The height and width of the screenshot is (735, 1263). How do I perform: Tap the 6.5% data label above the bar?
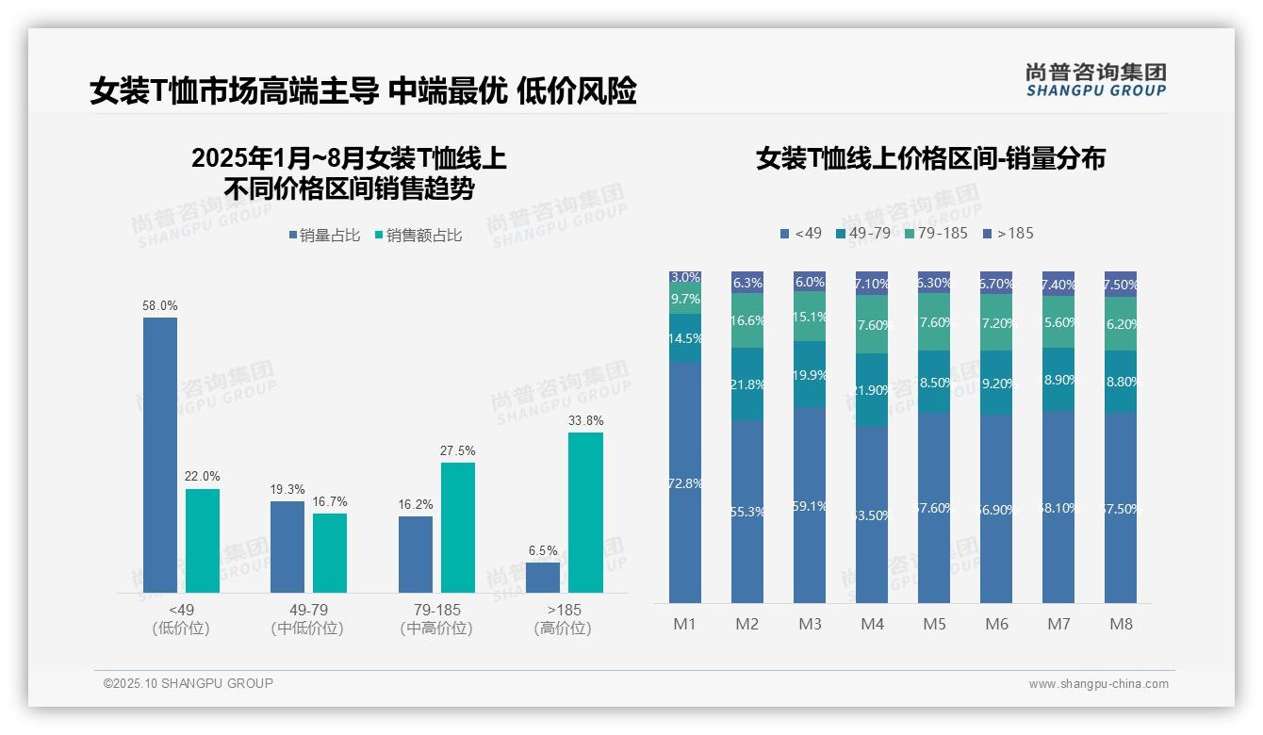click(x=543, y=550)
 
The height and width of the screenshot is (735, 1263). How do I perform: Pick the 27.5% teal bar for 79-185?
click(x=457, y=527)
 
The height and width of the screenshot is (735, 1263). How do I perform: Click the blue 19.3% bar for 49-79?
click(x=287, y=547)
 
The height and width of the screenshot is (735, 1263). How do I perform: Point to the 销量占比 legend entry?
click(x=324, y=236)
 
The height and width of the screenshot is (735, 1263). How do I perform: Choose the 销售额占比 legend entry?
click(x=418, y=236)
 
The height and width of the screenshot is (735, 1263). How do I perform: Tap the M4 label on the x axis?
click(x=872, y=624)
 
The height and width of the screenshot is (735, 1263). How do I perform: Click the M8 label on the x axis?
click(x=1121, y=624)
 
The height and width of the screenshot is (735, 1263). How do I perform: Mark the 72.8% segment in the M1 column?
click(x=685, y=482)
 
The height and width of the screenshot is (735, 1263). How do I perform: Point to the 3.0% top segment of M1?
click(x=685, y=277)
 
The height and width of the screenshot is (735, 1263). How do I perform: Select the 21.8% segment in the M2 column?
click(x=747, y=384)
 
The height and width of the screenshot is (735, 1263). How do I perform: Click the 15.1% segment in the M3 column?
click(x=810, y=316)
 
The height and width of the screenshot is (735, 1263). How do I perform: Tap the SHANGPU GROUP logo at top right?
click(x=1095, y=80)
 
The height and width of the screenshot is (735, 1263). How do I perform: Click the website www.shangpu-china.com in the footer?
click(x=1098, y=684)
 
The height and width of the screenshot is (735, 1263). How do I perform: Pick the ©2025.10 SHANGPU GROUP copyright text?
click(x=189, y=683)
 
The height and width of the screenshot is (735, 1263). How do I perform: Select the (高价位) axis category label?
click(x=563, y=629)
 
